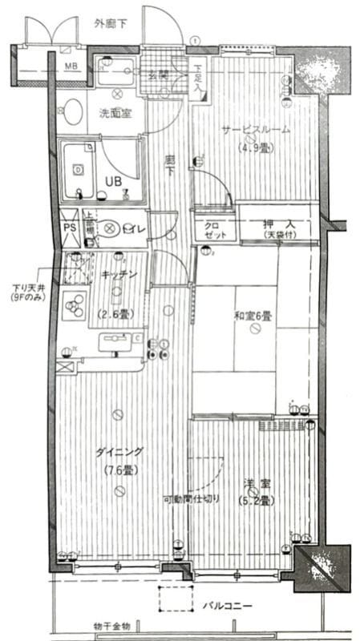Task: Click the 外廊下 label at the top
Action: pyautogui.click(x=110, y=23)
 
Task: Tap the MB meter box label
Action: pyautogui.click(x=71, y=66)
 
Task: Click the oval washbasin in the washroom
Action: pyautogui.click(x=74, y=112)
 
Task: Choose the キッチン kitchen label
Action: pyautogui.click(x=119, y=275)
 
